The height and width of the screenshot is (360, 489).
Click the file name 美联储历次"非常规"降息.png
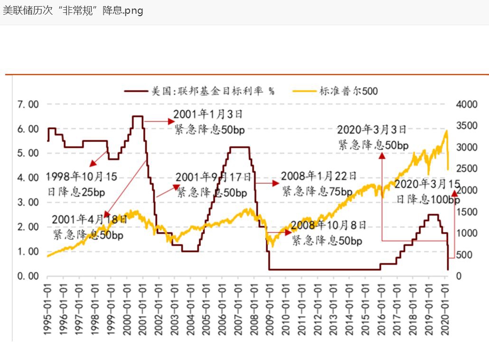coord(73,10)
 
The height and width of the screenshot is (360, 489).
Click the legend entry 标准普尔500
coord(348,91)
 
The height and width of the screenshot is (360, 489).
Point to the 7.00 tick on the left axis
coord(28,104)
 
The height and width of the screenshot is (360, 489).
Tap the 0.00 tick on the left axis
coord(28,276)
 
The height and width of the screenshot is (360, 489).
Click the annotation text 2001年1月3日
coord(208,114)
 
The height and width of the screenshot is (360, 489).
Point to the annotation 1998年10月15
coord(81,177)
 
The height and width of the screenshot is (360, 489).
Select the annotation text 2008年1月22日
coord(319,176)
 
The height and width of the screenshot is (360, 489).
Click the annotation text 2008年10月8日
coord(329,225)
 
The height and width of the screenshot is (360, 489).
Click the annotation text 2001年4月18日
coord(89,219)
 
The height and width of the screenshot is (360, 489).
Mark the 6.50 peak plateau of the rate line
coord(137,116)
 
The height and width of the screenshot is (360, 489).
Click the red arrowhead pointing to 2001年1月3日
coord(171,121)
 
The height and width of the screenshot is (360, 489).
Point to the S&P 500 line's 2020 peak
coord(446,131)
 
